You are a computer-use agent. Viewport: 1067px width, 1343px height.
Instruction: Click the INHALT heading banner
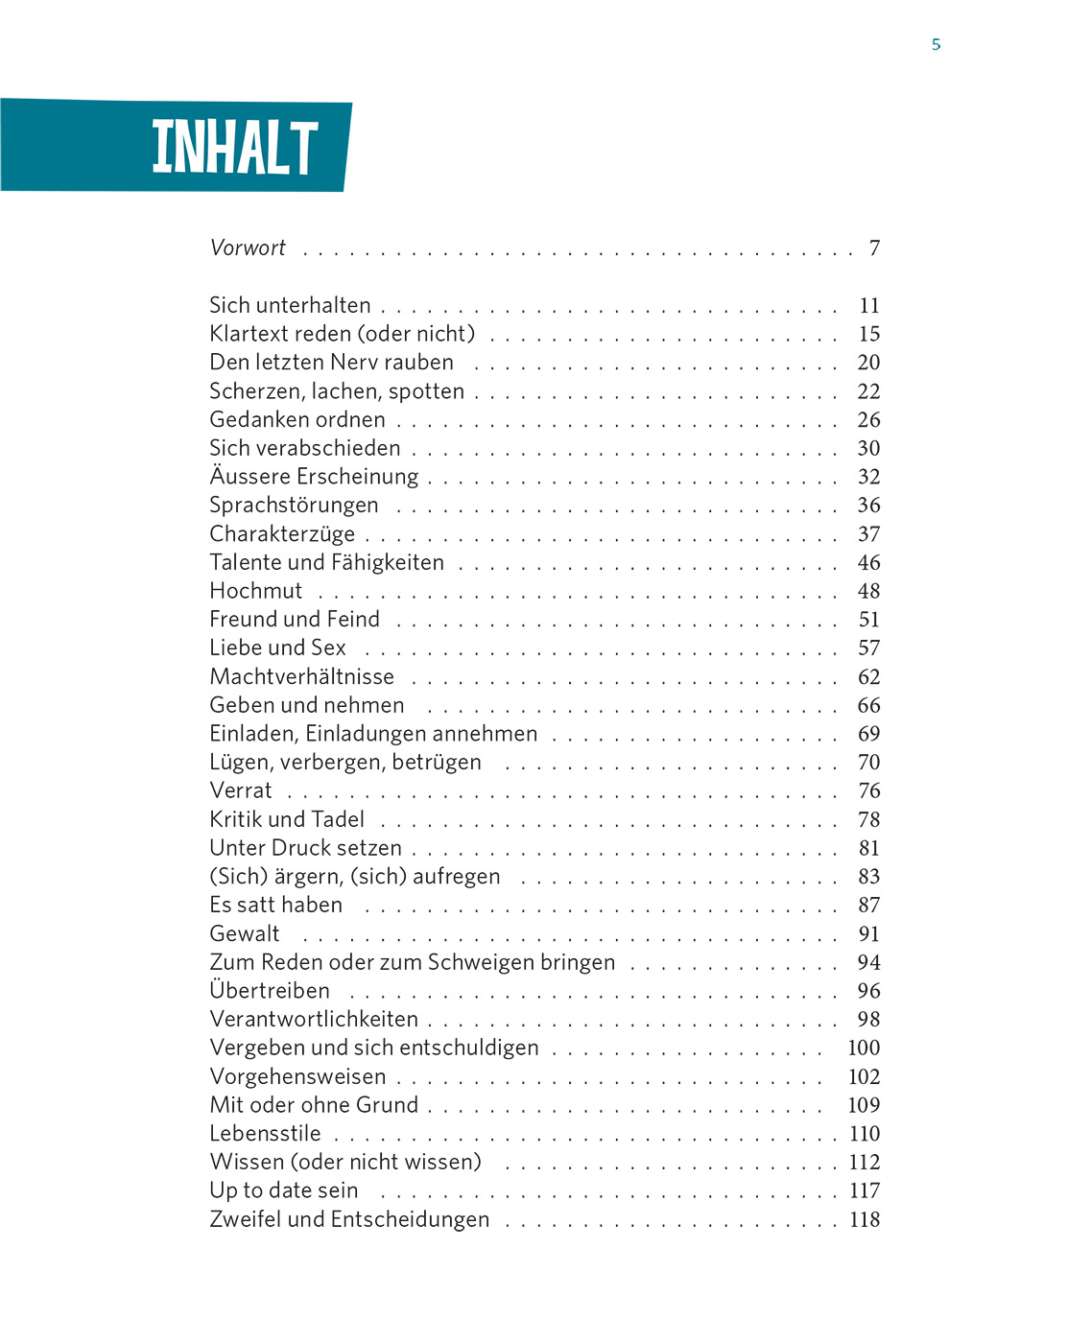click(x=235, y=147)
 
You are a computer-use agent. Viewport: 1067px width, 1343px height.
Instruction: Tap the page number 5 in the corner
click(x=936, y=44)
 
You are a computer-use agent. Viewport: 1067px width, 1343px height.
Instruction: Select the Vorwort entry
click(x=248, y=248)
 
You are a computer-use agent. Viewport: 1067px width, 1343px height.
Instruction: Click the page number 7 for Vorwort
click(x=874, y=248)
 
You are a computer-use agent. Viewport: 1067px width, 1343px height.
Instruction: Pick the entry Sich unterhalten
click(x=290, y=306)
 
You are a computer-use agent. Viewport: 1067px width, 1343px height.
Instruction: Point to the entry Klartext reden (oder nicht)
click(x=343, y=334)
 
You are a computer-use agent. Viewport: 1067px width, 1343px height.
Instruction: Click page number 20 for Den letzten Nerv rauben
click(x=868, y=363)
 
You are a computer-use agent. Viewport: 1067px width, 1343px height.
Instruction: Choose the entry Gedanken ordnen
click(x=297, y=420)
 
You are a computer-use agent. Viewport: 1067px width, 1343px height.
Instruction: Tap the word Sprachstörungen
click(x=294, y=506)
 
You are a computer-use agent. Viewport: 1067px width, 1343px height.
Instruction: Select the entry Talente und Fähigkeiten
click(x=326, y=563)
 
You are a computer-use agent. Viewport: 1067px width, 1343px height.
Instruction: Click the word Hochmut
click(x=255, y=591)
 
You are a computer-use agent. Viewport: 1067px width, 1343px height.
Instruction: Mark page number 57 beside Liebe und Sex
click(x=868, y=648)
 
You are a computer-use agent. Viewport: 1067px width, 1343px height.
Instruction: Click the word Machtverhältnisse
click(x=301, y=677)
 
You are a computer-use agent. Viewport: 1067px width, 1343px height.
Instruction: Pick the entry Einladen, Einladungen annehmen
click(x=373, y=734)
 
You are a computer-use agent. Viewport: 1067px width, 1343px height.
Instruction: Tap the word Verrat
click(x=241, y=791)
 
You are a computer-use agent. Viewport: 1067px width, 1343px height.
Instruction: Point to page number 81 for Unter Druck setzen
click(x=868, y=848)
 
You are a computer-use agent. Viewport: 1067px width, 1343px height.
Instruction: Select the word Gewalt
click(x=245, y=934)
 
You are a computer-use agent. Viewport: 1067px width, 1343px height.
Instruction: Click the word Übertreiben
click(x=270, y=991)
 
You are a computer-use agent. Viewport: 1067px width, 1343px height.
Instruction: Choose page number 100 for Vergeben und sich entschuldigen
click(x=864, y=1048)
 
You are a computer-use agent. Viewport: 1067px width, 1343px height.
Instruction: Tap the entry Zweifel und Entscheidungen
click(x=349, y=1220)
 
